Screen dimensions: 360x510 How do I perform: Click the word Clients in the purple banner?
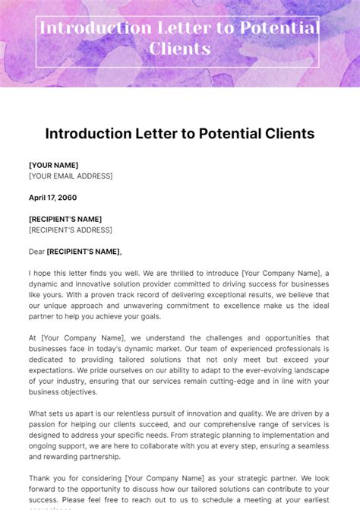(x=180, y=49)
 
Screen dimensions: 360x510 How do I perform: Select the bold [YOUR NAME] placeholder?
(x=53, y=165)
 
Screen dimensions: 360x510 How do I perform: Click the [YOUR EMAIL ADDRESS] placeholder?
(x=71, y=176)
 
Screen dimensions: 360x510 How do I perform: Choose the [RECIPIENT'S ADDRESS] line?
(x=70, y=230)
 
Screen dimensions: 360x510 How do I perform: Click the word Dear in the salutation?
(x=36, y=252)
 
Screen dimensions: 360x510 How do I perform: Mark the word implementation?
(x=270, y=436)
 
